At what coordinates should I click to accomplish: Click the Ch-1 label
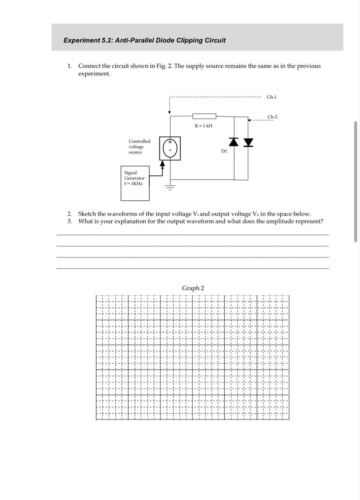271,97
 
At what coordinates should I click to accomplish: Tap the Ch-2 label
272,117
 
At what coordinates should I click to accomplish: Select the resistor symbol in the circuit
204,116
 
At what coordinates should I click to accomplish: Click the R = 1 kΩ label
203,126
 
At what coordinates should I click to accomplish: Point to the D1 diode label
224,151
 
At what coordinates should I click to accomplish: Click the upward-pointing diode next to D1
234,142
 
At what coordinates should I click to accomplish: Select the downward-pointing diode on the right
248,143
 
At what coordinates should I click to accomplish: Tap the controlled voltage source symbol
170,148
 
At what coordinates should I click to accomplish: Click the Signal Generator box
135,183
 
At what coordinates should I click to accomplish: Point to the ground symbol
170,187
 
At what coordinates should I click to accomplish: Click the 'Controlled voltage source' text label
139,146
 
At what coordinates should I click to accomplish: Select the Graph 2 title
193,288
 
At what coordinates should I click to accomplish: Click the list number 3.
69,221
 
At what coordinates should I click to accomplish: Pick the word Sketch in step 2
87,214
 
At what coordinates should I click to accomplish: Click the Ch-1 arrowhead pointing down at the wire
169,112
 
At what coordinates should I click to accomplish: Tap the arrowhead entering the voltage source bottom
163,163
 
